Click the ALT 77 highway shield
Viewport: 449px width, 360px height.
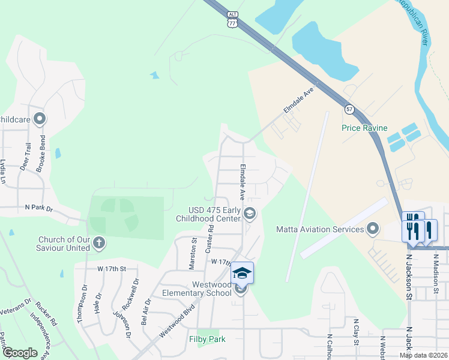233,19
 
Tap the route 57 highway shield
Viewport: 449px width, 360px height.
349,109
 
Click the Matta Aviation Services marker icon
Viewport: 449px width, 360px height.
373,229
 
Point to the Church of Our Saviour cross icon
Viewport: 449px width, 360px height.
99,243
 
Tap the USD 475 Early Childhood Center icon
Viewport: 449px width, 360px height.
250,213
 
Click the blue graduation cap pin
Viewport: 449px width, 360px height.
242,273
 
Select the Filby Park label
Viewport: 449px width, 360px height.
207,339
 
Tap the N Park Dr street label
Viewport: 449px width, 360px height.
39,208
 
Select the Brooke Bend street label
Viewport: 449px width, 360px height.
41,157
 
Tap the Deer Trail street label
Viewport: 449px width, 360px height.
26,157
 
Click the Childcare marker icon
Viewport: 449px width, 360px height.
40,119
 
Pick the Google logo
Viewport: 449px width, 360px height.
20,353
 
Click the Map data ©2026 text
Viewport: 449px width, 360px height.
423,355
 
